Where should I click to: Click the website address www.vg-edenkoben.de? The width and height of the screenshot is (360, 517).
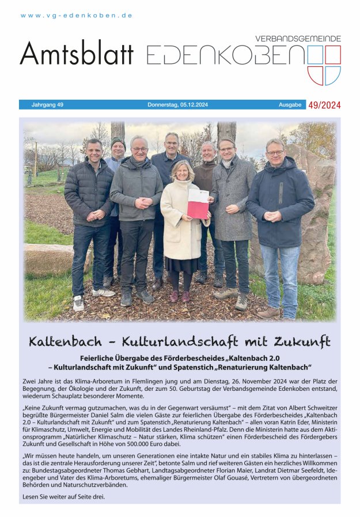tap(77, 16)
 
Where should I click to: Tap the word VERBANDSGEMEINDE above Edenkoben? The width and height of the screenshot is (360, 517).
tap(298, 39)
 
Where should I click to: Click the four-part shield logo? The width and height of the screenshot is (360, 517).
tap(324, 65)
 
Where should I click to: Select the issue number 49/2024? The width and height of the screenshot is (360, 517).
tap(324, 105)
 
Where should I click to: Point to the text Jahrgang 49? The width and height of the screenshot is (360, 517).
tap(47, 105)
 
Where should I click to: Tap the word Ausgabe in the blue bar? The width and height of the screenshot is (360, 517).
tap(290, 105)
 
